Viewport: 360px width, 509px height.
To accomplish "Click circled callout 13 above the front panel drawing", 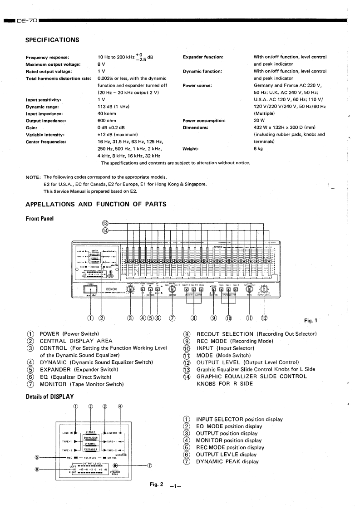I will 105,223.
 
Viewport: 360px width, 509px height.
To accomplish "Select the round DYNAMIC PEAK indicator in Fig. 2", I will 116,465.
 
